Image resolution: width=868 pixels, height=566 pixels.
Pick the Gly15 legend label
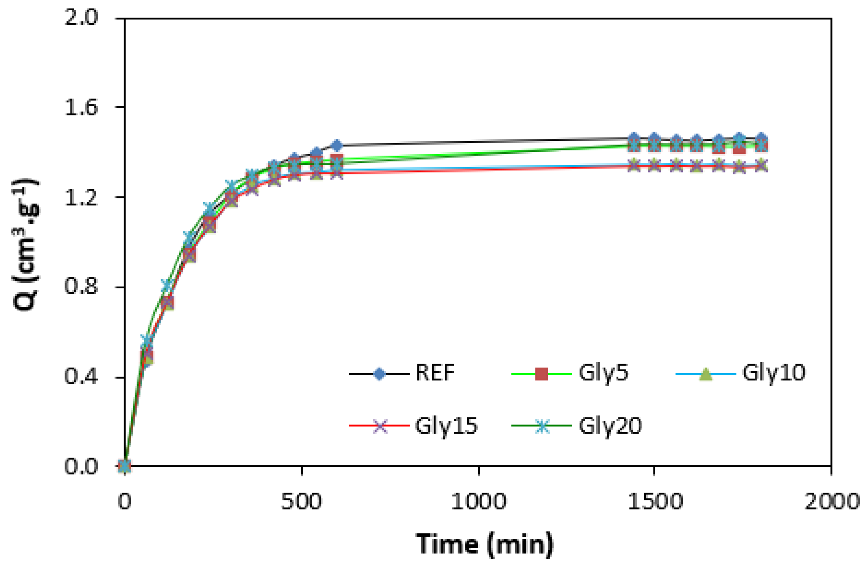pos(446,426)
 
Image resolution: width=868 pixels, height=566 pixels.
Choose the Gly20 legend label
pos(610,426)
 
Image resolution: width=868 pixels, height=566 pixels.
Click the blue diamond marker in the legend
pos(379,374)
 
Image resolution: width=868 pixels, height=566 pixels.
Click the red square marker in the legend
pos(541,374)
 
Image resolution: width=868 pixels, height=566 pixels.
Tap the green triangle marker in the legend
pos(705,374)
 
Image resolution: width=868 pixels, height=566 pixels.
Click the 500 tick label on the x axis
pos(301,502)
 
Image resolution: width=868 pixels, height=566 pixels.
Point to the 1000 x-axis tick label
pos(479,502)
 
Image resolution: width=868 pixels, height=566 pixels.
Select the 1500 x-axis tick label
pos(655,502)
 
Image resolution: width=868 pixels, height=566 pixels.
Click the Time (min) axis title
pos(485,544)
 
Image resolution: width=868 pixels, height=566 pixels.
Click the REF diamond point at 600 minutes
pos(337,145)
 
